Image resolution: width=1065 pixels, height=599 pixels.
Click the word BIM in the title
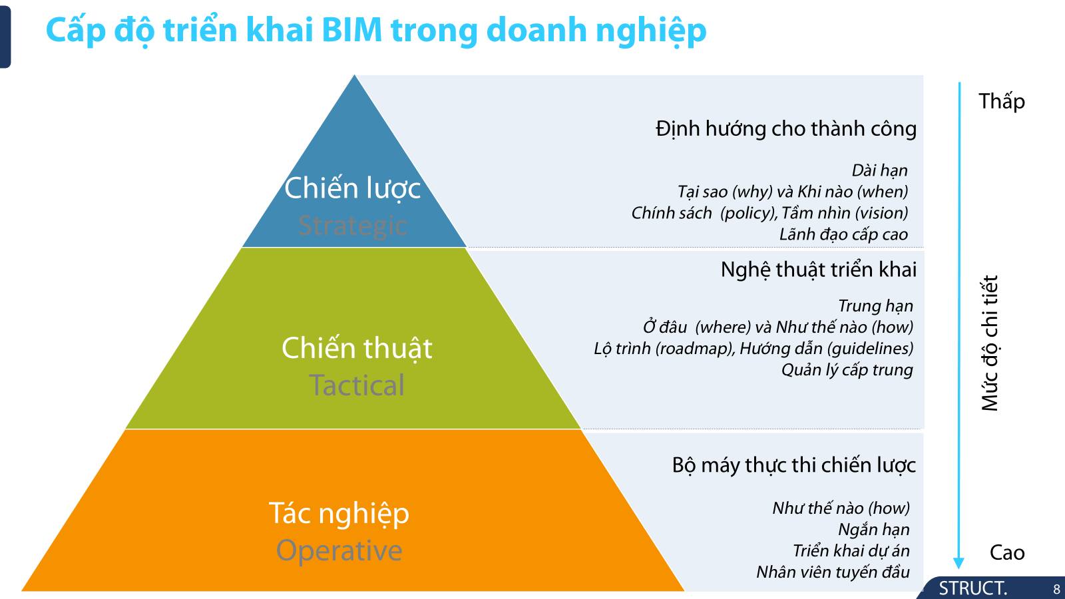pyautogui.click(x=352, y=30)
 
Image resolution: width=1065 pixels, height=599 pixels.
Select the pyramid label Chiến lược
pyautogui.click(x=352, y=188)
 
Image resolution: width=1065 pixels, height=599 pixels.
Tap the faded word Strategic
pyautogui.click(x=353, y=226)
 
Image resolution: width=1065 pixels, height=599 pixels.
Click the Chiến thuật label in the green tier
pyautogui.click(x=357, y=349)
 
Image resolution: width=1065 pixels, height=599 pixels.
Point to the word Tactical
pyautogui.click(x=357, y=385)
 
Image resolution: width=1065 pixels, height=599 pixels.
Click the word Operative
pyautogui.click(x=339, y=551)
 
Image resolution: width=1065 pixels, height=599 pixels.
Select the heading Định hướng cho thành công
pyautogui.click(x=786, y=129)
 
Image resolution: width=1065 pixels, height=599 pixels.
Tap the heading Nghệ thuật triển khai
pyautogui.click(x=818, y=270)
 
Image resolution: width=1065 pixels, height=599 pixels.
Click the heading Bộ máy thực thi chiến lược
pyautogui.click(x=793, y=465)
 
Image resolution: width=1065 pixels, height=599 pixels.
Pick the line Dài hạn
pyautogui.click(x=879, y=170)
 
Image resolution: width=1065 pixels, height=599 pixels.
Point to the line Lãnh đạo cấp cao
pyautogui.click(x=843, y=234)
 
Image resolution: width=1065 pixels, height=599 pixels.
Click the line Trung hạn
pyautogui.click(x=875, y=305)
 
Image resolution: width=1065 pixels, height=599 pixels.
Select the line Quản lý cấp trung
pyautogui.click(x=847, y=370)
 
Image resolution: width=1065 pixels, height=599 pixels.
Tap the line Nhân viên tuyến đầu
pyautogui.click(x=833, y=572)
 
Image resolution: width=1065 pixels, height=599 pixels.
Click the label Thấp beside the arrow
pyautogui.click(x=1001, y=101)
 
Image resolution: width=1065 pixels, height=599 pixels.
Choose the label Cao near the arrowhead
pyautogui.click(x=1007, y=552)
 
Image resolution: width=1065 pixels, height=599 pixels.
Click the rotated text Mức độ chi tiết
pyautogui.click(x=990, y=343)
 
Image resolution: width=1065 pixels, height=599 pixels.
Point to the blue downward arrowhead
pyautogui.click(x=958, y=562)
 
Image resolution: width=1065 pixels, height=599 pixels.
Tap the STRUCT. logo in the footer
pyautogui.click(x=972, y=588)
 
